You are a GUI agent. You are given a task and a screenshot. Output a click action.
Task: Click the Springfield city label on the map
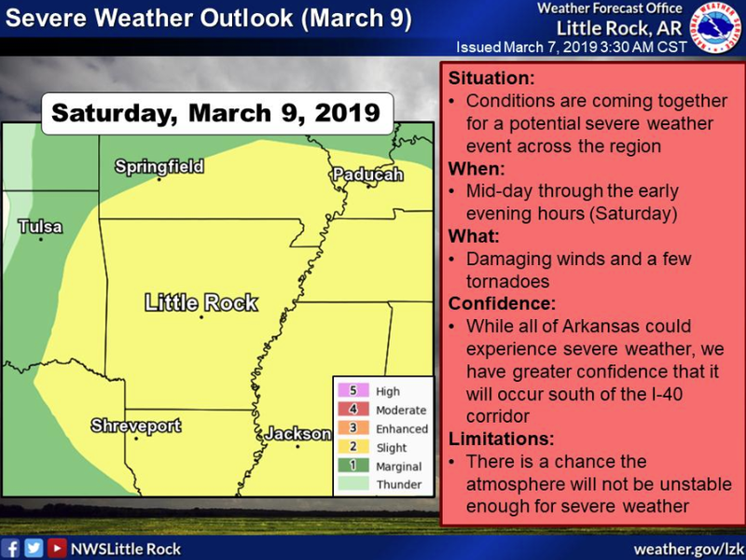159,167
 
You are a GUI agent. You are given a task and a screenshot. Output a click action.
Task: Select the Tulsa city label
40,227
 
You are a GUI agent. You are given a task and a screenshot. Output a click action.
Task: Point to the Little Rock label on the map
200,302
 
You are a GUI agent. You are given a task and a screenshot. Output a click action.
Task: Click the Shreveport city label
135,427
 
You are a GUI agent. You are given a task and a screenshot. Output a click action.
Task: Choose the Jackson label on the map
297,434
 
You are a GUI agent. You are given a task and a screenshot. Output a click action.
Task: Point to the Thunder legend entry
398,485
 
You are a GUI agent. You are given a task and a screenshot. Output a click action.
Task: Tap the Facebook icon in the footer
12,548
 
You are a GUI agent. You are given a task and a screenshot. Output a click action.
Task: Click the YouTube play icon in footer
57,548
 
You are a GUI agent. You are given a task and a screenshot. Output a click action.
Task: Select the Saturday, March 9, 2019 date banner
215,114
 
